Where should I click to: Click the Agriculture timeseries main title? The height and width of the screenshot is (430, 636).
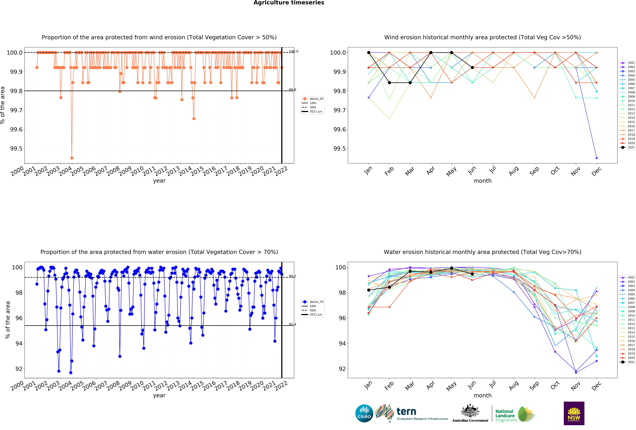289,3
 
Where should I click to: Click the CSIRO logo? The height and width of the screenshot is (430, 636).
364,413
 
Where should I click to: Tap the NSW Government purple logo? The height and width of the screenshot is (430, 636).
574,413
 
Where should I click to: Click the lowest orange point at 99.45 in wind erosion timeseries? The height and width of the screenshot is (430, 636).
72,158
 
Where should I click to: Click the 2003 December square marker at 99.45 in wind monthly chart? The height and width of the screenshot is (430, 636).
597,158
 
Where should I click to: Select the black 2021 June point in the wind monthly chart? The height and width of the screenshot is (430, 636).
472,68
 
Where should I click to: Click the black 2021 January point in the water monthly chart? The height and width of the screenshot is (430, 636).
369,290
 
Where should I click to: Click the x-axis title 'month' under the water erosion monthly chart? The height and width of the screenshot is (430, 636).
482,396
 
